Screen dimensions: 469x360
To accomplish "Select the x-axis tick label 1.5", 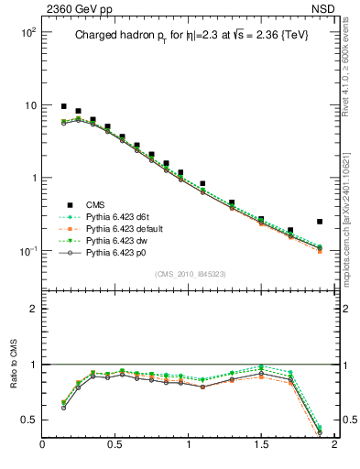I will tap(261, 446).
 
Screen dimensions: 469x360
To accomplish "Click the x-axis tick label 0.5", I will tap(115, 446).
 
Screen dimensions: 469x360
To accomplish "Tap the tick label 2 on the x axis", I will tap(333, 446).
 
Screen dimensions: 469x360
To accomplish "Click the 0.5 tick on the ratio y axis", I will tap(29, 420).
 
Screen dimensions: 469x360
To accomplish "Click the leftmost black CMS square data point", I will tap(64, 106).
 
